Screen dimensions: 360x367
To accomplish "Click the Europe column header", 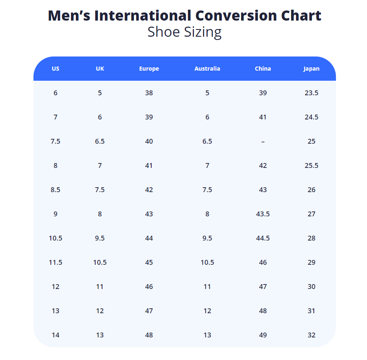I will [x=149, y=69].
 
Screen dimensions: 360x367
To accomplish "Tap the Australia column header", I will [x=207, y=69].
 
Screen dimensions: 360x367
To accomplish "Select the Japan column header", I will [x=311, y=69].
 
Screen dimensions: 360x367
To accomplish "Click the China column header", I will [x=263, y=69].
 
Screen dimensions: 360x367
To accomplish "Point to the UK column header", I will [x=100, y=69].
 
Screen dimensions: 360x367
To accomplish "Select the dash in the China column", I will [x=263, y=141].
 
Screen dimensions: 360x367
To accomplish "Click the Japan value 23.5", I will [x=311, y=93].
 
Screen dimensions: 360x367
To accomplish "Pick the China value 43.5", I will [x=263, y=214].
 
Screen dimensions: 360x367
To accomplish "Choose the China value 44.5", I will [x=263, y=238].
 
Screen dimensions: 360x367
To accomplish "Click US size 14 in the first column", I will [x=56, y=335].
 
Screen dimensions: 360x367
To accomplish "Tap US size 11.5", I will [x=56, y=262].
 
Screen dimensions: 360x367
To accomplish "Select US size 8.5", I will [x=56, y=190].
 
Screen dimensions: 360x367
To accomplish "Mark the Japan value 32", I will [x=311, y=335].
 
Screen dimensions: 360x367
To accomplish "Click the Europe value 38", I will [x=149, y=93].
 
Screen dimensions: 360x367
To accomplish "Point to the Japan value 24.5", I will [x=311, y=117].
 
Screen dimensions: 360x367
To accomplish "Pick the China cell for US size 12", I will [x=263, y=287].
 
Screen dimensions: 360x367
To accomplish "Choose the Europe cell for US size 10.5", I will [x=149, y=238].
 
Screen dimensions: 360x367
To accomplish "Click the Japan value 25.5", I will [x=311, y=165].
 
